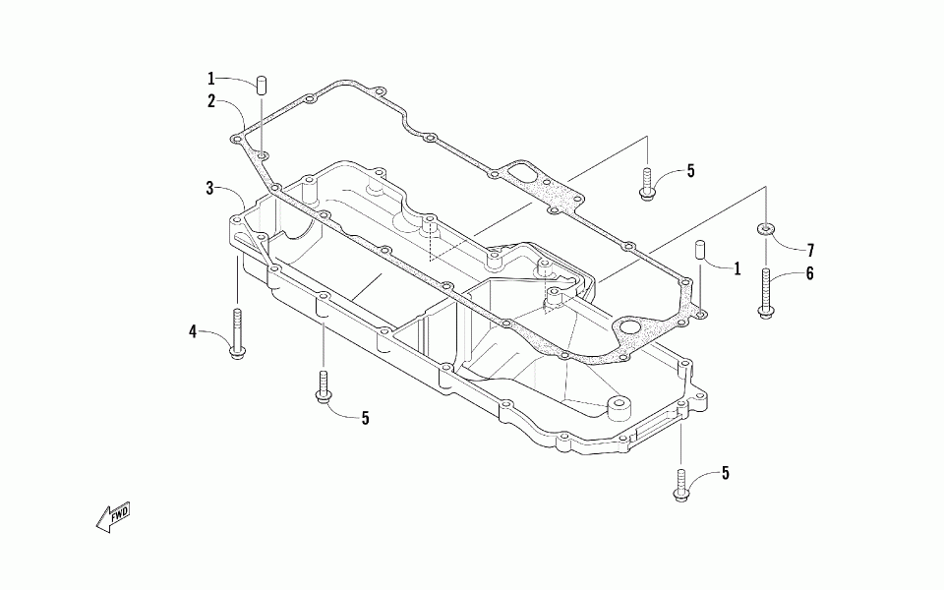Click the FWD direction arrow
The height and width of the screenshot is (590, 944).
click(x=112, y=516)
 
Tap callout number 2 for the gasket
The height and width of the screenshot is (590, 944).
click(x=211, y=100)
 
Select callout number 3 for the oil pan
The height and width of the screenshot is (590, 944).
click(x=210, y=187)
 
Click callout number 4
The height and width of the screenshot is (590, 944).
click(x=194, y=331)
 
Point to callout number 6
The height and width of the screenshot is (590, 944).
click(x=809, y=274)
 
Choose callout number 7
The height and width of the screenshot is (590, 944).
click(x=810, y=250)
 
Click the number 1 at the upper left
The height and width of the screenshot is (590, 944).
click(x=210, y=78)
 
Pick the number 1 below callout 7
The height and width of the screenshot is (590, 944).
click(x=737, y=267)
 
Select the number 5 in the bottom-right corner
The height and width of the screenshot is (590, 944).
click(x=725, y=473)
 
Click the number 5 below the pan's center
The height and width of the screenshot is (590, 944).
click(x=365, y=418)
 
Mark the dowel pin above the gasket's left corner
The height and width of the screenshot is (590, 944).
click(x=263, y=84)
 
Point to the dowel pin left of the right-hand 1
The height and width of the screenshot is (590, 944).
click(x=702, y=250)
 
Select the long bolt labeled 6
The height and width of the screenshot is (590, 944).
click(x=766, y=290)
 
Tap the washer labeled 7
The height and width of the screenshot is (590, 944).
click(x=765, y=230)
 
